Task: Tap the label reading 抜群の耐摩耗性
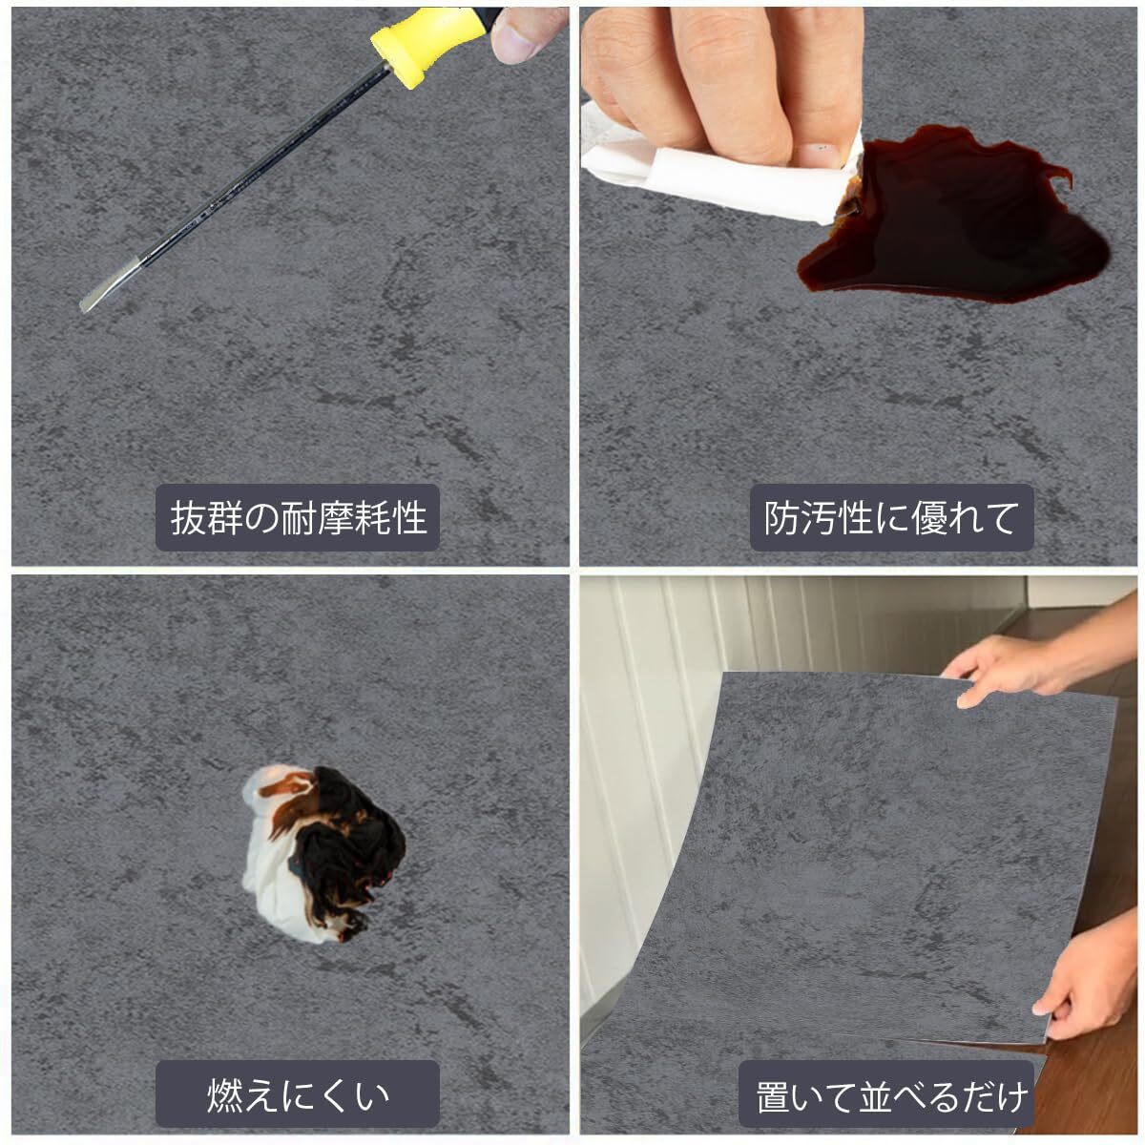coord(298,517)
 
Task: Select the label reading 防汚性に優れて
coord(891,517)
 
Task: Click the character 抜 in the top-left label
coord(188,517)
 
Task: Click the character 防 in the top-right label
coord(782,517)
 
